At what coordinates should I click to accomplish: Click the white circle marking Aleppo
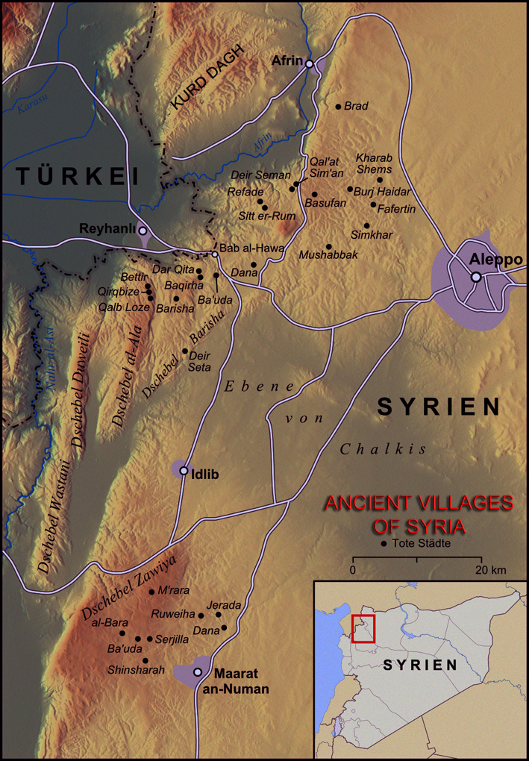coord(475,278)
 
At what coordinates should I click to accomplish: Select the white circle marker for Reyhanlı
coord(143,231)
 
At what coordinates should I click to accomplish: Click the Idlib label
coord(206,474)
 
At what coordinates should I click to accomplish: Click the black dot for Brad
coord(338,107)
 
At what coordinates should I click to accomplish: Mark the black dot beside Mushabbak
coord(329,246)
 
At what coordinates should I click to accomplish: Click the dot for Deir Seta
coord(185,351)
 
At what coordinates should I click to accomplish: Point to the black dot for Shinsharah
coord(145,661)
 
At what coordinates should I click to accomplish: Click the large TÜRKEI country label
coord(78,176)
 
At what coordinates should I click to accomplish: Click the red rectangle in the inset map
coord(363,629)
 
